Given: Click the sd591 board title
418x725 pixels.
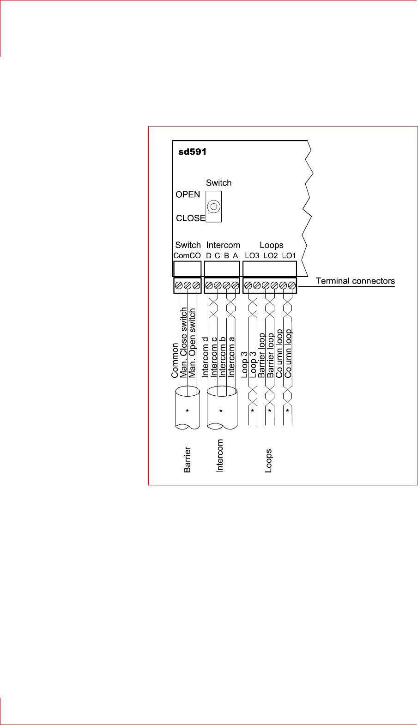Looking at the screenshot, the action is (x=192, y=152).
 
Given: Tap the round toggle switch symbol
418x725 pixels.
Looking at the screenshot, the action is (x=213, y=207).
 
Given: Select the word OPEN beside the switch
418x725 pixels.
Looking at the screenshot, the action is (x=188, y=194).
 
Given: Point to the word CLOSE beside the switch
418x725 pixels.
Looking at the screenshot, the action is (x=190, y=218).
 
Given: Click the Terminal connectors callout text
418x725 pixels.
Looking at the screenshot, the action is (x=355, y=281).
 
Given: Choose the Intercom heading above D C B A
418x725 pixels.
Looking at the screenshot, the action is (x=223, y=245).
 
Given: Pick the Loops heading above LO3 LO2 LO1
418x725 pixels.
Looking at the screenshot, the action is (x=271, y=245).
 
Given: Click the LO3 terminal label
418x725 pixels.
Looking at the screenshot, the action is (x=252, y=256).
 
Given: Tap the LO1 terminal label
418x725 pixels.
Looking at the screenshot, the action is (x=289, y=256).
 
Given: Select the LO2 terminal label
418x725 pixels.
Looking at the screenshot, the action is (x=270, y=256).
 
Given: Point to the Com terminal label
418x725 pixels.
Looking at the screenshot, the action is (x=181, y=256).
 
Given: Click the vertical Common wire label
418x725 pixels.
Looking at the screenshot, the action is (x=175, y=360).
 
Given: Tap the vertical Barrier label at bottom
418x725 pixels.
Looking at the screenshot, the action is (x=187, y=459).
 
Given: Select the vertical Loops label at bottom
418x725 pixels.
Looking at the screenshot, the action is (x=268, y=460).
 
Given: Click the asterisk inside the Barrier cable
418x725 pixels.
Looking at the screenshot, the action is (x=187, y=411).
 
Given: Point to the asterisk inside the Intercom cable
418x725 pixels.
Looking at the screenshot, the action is (x=221, y=411).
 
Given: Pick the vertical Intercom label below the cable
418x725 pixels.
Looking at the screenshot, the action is (x=220, y=455).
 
